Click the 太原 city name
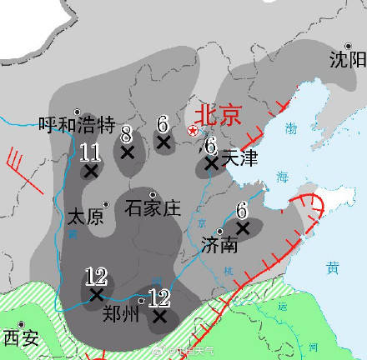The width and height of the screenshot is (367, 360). (83, 217)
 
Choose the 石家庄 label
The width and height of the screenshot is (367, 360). (153, 207)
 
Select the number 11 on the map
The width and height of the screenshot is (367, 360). (90, 152)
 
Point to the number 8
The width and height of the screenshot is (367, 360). (126, 132)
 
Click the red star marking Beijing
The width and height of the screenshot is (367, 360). (193, 131)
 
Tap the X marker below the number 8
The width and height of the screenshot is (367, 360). (128, 152)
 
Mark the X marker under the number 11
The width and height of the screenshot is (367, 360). (90, 171)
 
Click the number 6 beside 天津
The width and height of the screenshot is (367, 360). (210, 145)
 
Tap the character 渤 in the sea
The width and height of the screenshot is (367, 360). (290, 129)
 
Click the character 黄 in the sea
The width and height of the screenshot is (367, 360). (333, 267)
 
